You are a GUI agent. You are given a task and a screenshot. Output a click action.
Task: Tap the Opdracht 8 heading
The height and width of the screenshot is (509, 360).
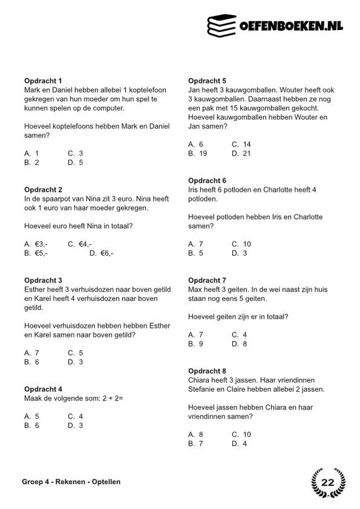(207, 370)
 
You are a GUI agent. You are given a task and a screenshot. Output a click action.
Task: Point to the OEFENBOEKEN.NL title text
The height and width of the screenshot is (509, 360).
(289, 25)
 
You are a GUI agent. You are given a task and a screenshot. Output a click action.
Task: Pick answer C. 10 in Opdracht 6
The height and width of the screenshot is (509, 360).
(241, 244)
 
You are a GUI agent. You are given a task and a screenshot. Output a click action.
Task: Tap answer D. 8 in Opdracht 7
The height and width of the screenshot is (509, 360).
(239, 343)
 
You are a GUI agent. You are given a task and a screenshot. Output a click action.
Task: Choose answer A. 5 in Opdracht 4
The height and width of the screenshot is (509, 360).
(32, 416)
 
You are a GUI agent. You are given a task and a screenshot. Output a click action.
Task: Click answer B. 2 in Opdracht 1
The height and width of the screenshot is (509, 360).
(32, 162)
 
